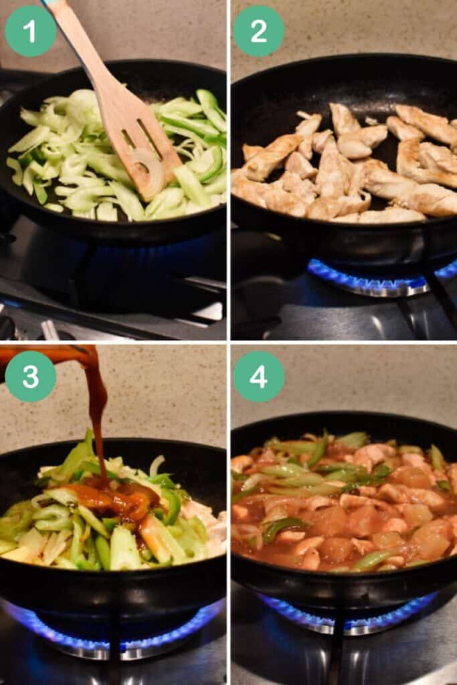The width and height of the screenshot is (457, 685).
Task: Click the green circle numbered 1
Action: (x=30, y=31)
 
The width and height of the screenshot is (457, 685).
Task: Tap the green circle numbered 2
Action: (x=259, y=31)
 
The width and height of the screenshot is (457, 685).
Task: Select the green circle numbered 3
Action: (x=30, y=376)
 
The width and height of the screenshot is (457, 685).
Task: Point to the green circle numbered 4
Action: (x=259, y=376)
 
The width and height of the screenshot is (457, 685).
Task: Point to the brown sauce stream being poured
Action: (x=100, y=419)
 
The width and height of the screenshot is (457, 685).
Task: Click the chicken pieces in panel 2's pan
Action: (x=345, y=164)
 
